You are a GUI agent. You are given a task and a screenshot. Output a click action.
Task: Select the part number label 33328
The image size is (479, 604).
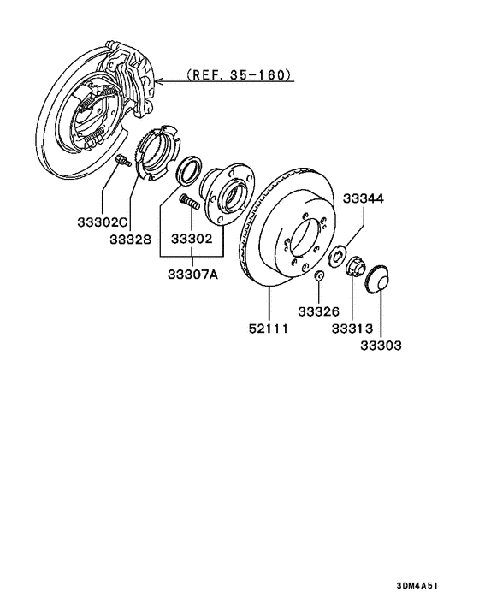[x=129, y=239]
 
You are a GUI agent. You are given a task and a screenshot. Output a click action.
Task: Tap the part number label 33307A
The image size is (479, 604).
[x=192, y=274]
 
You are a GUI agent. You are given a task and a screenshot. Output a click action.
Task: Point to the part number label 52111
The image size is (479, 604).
[x=268, y=329]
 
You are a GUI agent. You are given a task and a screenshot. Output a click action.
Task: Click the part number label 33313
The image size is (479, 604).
[x=352, y=329]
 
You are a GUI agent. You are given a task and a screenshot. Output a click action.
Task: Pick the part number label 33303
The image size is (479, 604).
[x=380, y=346]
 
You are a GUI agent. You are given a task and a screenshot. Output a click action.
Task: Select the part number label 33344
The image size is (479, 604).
[x=364, y=198]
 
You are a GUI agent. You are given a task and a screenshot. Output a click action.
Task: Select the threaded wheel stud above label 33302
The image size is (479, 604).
[x=190, y=204]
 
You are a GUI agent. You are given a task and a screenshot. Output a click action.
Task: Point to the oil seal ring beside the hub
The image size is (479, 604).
[x=188, y=170]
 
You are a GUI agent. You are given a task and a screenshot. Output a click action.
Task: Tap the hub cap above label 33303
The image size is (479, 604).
[x=376, y=280]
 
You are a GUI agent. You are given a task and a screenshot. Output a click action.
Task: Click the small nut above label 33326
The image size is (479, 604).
[x=318, y=275]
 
